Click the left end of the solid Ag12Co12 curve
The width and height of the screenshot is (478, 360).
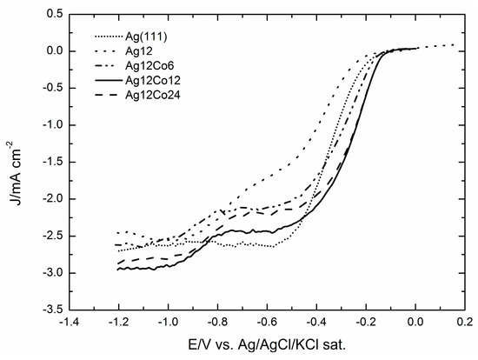point(118,269)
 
